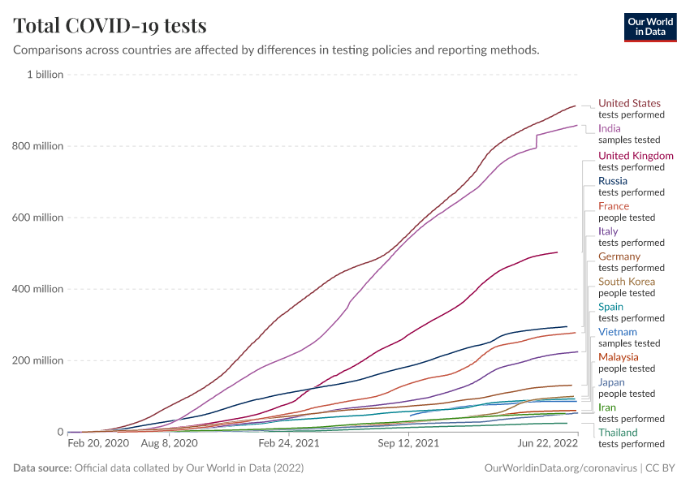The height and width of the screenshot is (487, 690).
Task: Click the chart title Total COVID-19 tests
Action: [110, 26]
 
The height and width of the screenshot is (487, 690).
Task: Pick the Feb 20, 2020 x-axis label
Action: [97, 444]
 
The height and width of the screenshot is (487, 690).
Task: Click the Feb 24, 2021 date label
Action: [289, 444]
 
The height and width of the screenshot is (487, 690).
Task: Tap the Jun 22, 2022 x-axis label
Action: [549, 444]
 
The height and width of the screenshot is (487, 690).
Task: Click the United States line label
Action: [629, 103]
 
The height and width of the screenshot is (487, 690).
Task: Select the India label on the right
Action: [609, 128]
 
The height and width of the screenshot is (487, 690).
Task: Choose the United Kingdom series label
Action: [636, 155]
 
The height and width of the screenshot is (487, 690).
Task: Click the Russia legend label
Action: [613, 180]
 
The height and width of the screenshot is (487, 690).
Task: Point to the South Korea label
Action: [627, 282]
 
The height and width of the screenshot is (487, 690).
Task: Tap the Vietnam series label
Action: [618, 332]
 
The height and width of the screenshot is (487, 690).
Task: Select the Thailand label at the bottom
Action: [618, 433]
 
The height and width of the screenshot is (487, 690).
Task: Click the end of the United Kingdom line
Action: [558, 252]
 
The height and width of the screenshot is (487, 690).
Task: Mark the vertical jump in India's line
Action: [537, 140]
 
